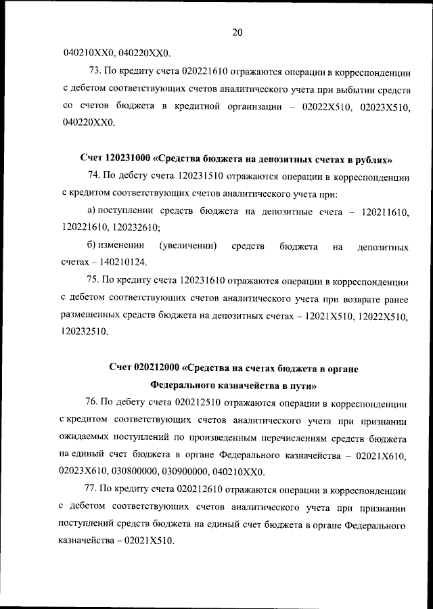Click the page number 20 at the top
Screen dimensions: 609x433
(x=237, y=31)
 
